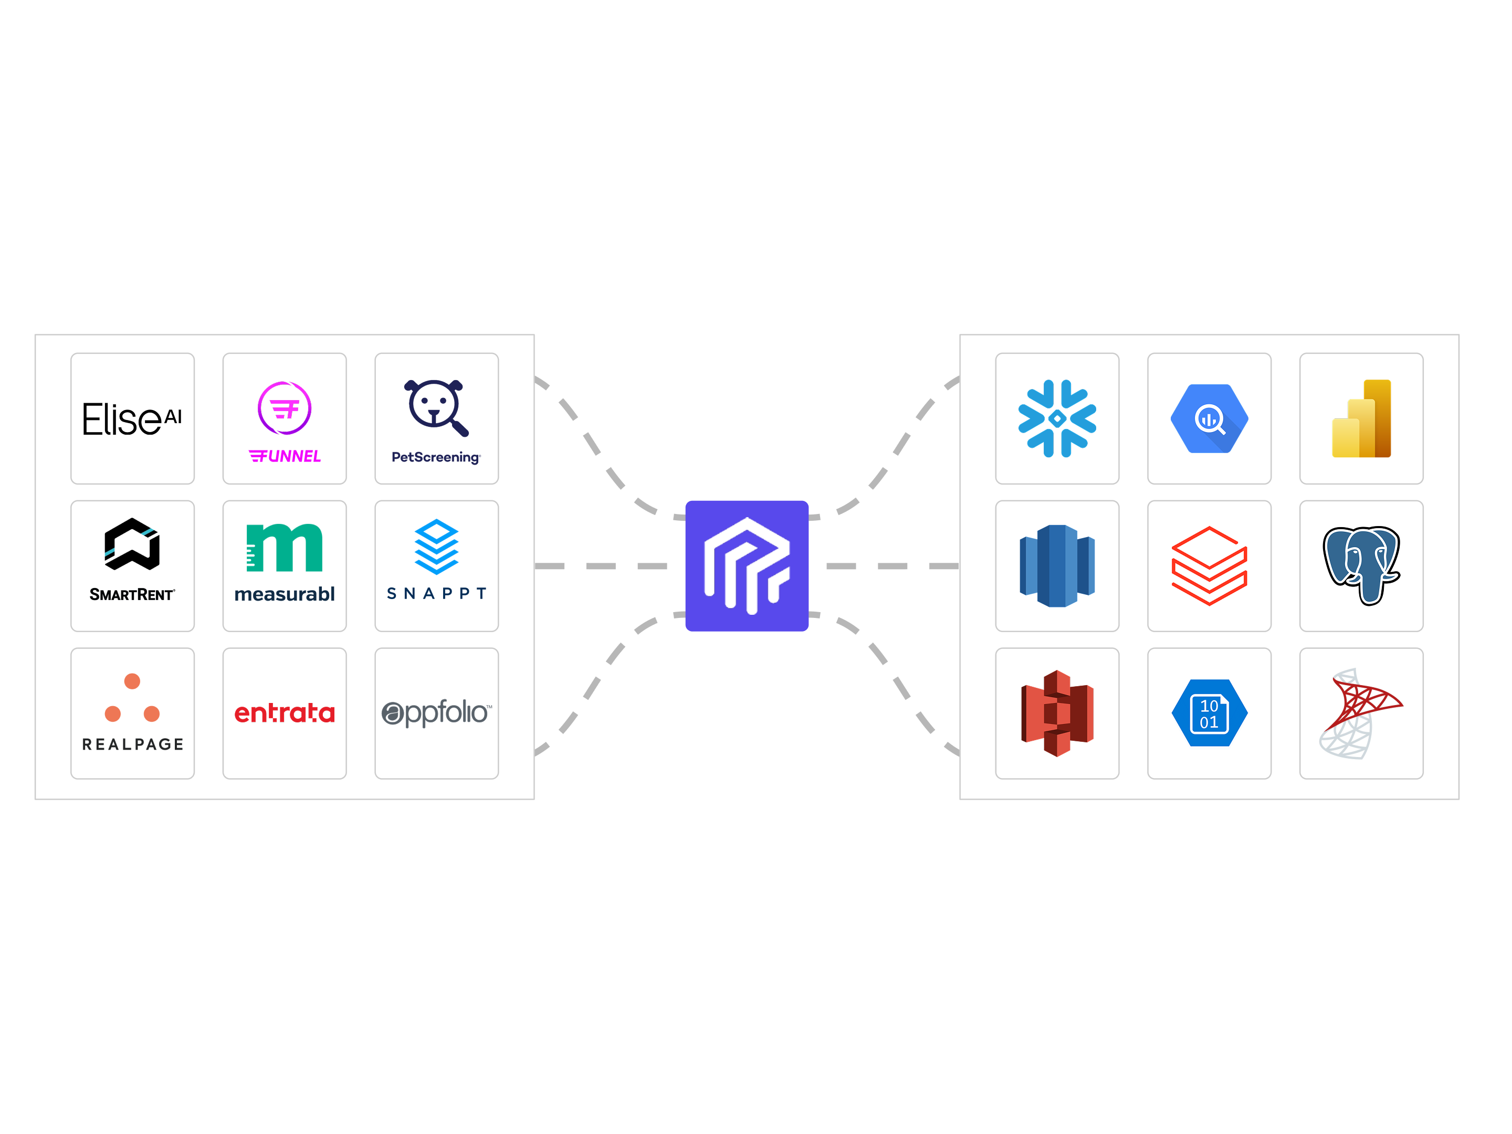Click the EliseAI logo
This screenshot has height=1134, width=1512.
132,418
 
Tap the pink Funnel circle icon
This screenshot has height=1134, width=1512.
285,408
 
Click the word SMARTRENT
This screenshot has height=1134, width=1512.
132,595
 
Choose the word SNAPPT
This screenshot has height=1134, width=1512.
436,593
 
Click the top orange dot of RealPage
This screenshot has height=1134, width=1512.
132,681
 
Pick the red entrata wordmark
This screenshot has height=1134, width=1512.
285,713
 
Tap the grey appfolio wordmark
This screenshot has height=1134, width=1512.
436,713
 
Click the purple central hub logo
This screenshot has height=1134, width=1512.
747,565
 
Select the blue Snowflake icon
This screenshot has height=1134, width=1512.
1057,418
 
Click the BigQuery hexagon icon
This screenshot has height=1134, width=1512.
1209,418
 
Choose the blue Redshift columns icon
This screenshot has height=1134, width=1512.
1057,565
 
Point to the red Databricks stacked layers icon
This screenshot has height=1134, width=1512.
1209,565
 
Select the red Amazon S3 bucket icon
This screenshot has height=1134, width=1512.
1057,713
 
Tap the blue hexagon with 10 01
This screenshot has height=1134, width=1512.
1209,713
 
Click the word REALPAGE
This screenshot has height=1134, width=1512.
133,744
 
